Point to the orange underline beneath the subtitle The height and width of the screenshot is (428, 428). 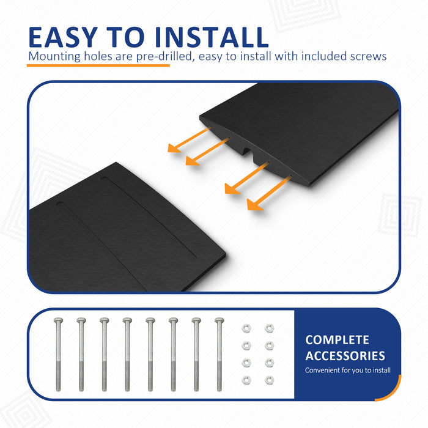(98, 65)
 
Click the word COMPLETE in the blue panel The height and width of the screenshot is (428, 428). (337, 340)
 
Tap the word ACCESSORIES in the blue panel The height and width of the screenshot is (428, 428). (345, 356)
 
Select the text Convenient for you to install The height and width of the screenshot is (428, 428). (348, 370)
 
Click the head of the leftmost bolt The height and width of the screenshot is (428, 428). (58, 320)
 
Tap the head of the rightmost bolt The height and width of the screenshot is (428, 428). (219, 320)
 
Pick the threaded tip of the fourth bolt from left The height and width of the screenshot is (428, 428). (127, 388)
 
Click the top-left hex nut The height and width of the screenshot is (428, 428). (246, 328)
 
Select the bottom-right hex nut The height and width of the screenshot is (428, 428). (270, 380)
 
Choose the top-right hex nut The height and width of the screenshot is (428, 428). (270, 328)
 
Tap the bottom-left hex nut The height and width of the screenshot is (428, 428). (246, 380)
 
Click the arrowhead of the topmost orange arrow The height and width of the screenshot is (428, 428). (173, 148)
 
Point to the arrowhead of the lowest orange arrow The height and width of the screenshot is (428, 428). (254, 205)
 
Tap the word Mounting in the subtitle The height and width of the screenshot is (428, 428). (54, 57)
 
